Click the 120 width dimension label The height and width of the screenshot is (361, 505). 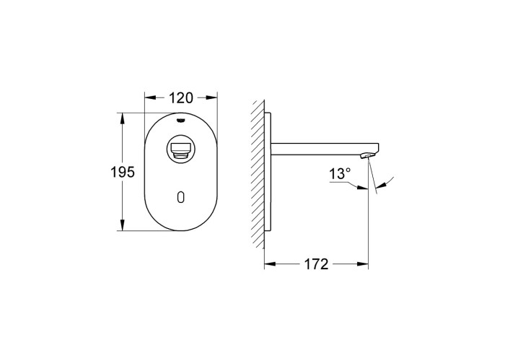click(x=180, y=98)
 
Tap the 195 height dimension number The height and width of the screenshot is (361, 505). click(x=123, y=172)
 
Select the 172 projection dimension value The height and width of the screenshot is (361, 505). click(x=316, y=264)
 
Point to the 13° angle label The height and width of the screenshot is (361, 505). click(x=340, y=174)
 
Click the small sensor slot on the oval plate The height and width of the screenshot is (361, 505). click(x=180, y=197)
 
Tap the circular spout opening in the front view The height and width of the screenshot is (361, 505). click(x=180, y=149)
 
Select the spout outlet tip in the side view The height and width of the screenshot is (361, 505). click(x=367, y=156)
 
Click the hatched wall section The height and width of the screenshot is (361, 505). click(x=258, y=175)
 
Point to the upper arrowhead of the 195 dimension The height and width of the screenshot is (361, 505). click(x=122, y=118)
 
